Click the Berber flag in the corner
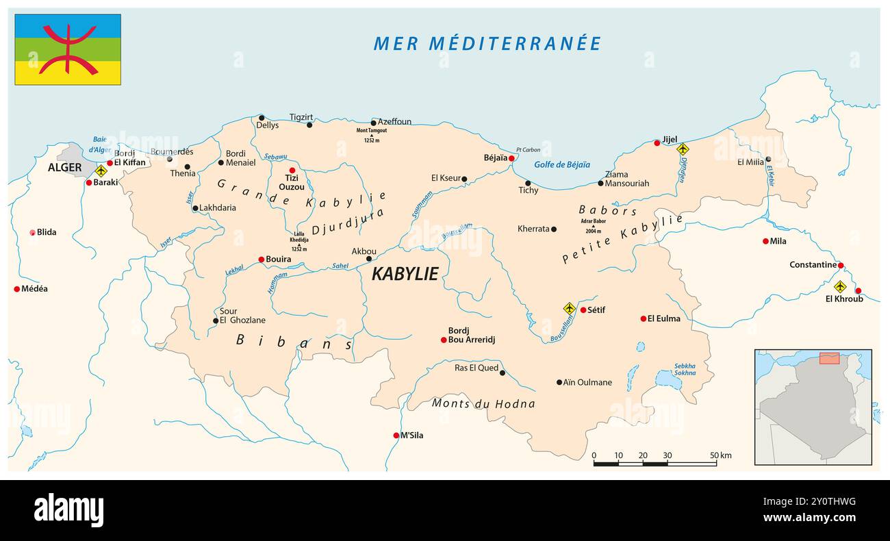[x=68, y=49]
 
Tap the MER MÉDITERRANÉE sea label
[x=487, y=43]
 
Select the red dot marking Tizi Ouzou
[x=292, y=170]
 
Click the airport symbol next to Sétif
[x=569, y=308]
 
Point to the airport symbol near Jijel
[x=682, y=149]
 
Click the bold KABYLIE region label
[x=405, y=274]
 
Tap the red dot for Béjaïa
[x=511, y=158]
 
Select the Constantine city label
[x=813, y=264]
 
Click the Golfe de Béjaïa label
[x=562, y=164]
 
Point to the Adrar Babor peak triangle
[x=593, y=226]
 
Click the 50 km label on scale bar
[x=720, y=455]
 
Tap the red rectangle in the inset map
[x=829, y=358]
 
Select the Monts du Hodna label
[x=483, y=403]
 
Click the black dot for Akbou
[x=369, y=258]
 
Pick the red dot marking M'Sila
[x=396, y=436]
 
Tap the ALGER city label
[x=64, y=168]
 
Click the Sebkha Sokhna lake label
[x=685, y=370]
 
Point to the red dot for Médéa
[x=17, y=289]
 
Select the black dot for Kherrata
[x=554, y=229]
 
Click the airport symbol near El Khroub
[x=839, y=286]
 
